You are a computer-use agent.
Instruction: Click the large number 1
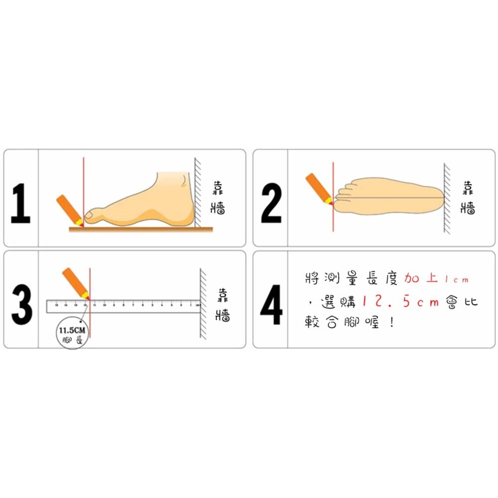pos(20,203)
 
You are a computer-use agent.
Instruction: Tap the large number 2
pos(271,203)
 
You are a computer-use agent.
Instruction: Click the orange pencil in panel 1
pos(69,209)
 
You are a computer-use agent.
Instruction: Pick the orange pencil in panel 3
pos(75,282)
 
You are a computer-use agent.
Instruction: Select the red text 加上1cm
pos(436,279)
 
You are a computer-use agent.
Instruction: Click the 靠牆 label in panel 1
pos(218,197)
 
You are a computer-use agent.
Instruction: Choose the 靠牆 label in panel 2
pos(468,197)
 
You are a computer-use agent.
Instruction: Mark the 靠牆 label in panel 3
pos(222,305)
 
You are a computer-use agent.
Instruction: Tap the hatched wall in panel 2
pos(447,199)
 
